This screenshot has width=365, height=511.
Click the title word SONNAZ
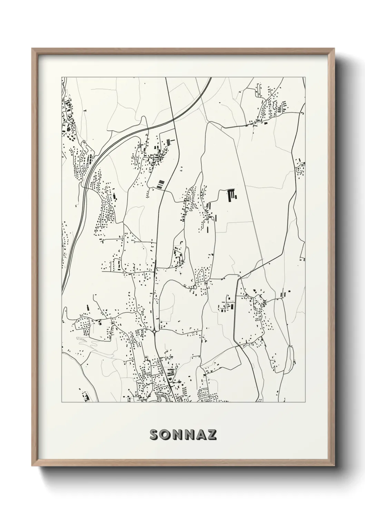[183, 435]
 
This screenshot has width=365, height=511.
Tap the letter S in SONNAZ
[154, 435]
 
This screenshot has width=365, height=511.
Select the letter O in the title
[166, 435]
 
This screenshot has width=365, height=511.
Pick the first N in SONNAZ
[177, 435]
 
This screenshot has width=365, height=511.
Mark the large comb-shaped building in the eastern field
[231, 195]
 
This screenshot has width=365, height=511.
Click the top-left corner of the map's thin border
[62, 77]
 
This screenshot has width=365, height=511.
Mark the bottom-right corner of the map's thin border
[305, 402]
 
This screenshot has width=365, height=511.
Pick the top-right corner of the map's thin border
[305, 77]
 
